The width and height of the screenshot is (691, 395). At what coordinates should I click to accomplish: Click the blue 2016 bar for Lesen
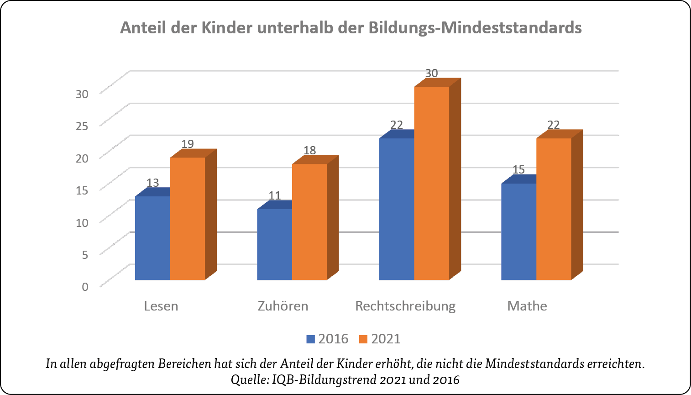click(152, 238)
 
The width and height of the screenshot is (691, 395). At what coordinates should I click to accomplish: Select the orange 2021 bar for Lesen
click(188, 219)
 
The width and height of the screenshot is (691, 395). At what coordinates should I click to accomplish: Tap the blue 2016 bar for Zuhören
click(274, 244)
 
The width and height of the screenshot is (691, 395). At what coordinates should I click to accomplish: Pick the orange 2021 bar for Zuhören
click(309, 222)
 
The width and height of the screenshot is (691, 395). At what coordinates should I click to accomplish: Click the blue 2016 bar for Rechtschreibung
click(397, 209)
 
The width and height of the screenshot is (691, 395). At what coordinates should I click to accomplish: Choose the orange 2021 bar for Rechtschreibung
click(432, 183)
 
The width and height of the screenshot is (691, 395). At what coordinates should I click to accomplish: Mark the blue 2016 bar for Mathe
click(518, 232)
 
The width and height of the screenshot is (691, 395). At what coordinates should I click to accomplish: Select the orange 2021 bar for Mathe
click(554, 209)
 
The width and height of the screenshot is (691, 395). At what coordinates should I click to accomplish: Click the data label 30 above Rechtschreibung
click(431, 73)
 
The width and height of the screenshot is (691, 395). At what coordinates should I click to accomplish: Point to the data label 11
click(274, 196)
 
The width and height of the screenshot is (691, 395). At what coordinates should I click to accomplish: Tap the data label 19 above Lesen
click(188, 144)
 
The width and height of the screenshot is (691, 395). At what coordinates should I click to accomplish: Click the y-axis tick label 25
click(82, 126)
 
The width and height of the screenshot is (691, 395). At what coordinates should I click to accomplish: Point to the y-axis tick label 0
click(85, 287)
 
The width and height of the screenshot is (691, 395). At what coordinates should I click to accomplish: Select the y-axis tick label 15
click(82, 190)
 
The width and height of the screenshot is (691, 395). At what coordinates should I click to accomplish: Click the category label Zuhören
click(283, 306)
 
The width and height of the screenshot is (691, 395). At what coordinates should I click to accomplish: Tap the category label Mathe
click(527, 306)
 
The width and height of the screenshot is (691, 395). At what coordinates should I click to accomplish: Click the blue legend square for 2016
click(311, 339)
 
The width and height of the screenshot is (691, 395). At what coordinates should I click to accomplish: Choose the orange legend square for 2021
click(363, 339)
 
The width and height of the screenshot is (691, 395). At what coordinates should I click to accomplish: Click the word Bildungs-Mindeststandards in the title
click(475, 28)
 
